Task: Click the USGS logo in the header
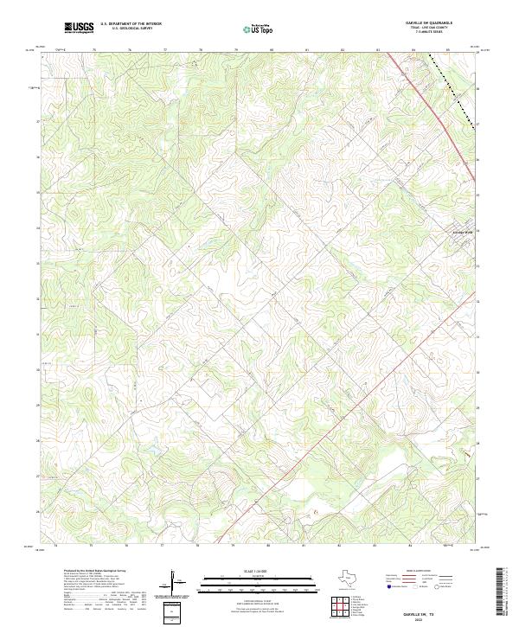coord(79,29)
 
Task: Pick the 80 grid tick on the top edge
coord(271,50)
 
